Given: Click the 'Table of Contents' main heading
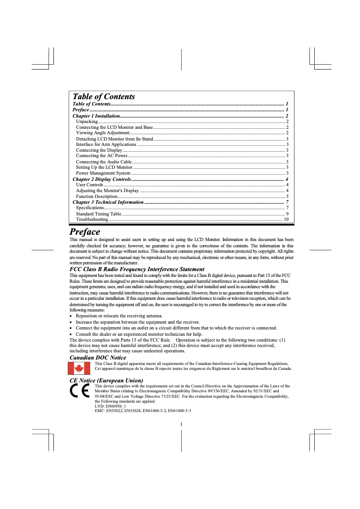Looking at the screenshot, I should (x=104, y=97).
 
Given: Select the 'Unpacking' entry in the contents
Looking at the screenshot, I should (x=87, y=122).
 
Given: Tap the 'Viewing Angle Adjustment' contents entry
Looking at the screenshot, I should (x=103, y=133).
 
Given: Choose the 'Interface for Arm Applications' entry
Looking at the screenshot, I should (x=106, y=145).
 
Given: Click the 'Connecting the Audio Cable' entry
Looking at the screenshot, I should (x=104, y=162).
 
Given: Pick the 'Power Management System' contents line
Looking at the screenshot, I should (x=103, y=173).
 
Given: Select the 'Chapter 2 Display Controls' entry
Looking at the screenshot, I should (x=101, y=179).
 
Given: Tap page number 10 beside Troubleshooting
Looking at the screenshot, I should (x=286, y=219).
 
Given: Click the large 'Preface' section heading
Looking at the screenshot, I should (x=85, y=232).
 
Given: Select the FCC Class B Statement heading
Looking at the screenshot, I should (x=137, y=269).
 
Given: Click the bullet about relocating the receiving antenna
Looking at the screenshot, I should (x=119, y=316).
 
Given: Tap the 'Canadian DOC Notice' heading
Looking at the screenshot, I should (x=98, y=357).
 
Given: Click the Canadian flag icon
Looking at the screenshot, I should (x=79, y=368).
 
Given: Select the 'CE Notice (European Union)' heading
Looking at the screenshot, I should (x=106, y=380).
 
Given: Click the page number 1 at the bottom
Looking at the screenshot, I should (x=180, y=424).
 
